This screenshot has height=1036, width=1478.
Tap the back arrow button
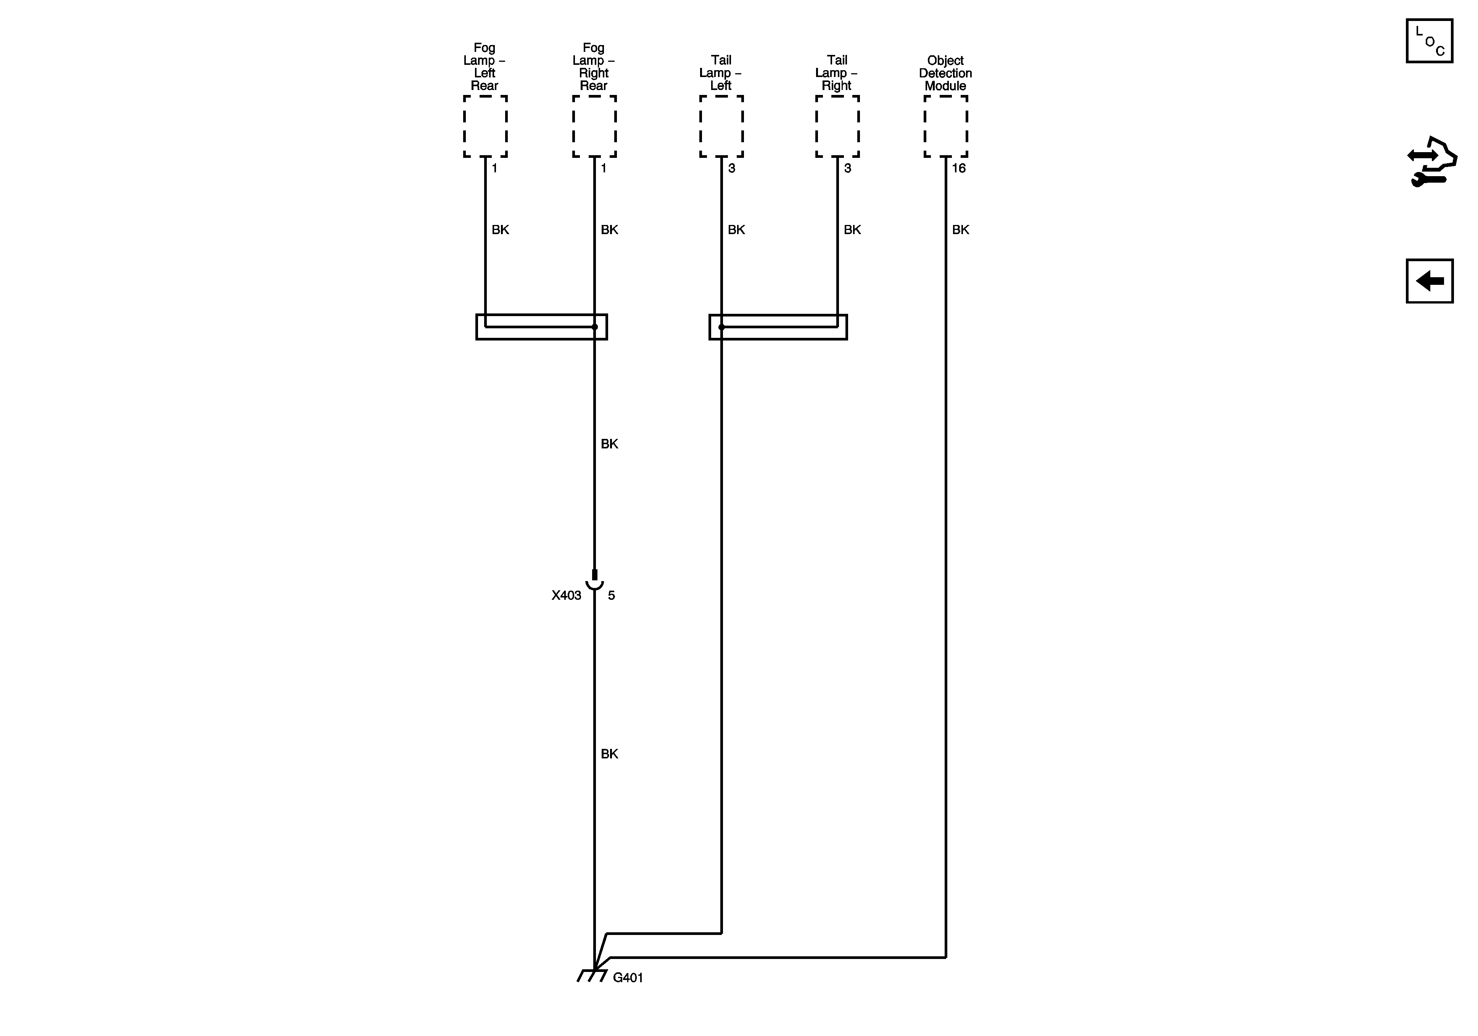pyautogui.click(x=1429, y=281)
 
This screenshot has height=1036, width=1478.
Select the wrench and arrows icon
pyautogui.click(x=1432, y=162)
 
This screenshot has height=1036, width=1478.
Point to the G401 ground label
pyautogui.click(x=628, y=978)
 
